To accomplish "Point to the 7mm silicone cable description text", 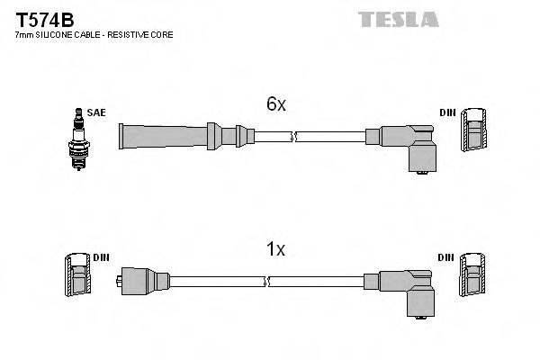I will [94, 35].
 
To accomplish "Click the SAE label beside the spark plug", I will [95, 112].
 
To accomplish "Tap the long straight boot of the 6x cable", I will [162, 137].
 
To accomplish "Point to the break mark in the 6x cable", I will [294, 137].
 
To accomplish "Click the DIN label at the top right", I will [447, 112].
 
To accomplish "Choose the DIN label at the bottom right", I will [447, 258].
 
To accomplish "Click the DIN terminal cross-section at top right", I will [474, 131].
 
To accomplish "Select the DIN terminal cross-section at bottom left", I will [76, 277].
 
